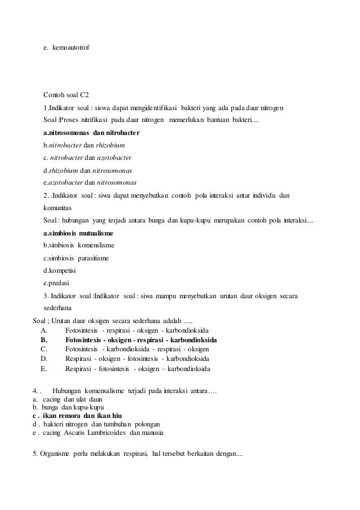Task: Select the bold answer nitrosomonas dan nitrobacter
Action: coord(91,133)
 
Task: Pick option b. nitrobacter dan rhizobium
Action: coord(84,145)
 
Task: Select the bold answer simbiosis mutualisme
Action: coord(78,233)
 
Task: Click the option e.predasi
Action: coord(56,283)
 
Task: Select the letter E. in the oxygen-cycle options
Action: coord(44,369)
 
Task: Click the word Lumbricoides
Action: coord(104,433)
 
